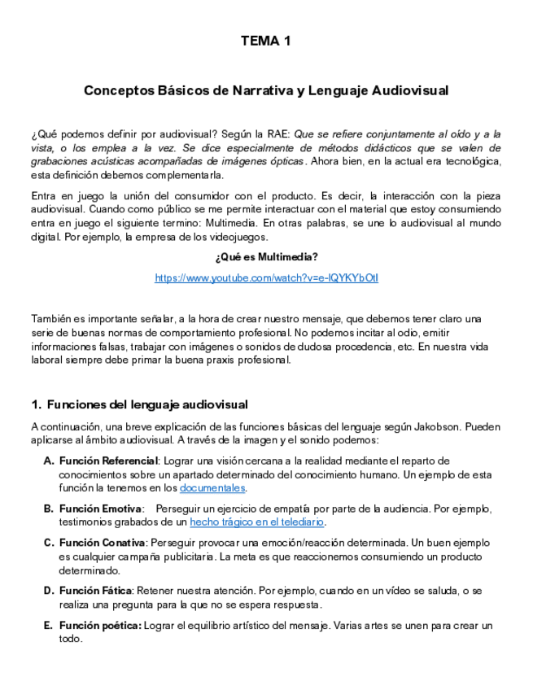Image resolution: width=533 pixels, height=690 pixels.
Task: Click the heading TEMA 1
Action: point(266,40)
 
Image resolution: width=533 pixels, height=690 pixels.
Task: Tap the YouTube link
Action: point(266,278)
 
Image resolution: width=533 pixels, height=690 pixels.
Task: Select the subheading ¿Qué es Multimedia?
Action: point(266,258)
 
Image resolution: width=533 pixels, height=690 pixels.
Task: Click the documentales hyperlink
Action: point(212,488)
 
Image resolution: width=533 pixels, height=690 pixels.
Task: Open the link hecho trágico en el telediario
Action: point(257,522)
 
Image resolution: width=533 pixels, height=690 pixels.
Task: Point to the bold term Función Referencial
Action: point(108,461)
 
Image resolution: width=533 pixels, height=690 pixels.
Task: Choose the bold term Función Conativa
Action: point(102,543)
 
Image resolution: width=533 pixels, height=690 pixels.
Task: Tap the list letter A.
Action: point(48,461)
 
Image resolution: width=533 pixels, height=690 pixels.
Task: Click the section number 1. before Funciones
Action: point(36,404)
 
